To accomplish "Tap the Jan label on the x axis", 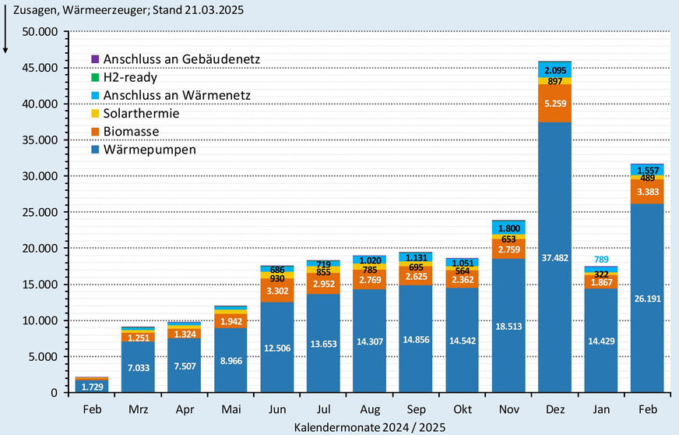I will click(x=600, y=409).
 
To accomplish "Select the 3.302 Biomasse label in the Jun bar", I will click(x=276, y=291).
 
